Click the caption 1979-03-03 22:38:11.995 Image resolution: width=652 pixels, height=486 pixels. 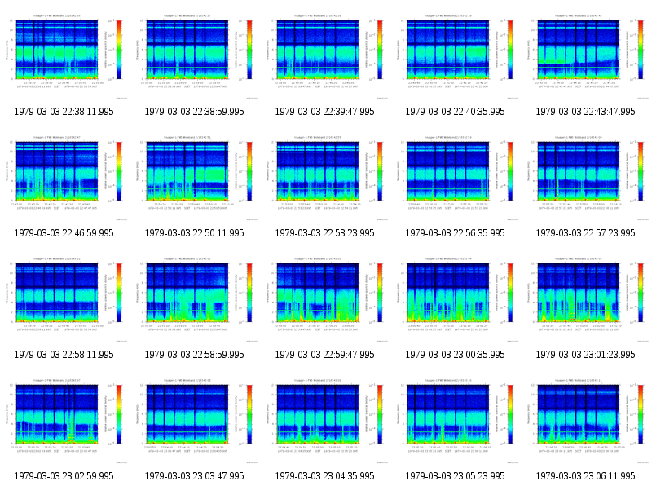pyautogui.click(x=64, y=111)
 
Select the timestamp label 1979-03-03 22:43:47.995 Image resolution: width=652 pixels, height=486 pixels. pyautogui.click(x=586, y=111)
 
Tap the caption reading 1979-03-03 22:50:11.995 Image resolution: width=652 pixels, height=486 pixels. pyautogui.click(x=195, y=232)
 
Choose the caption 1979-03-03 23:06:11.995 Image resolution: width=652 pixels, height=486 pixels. pyautogui.click(x=586, y=475)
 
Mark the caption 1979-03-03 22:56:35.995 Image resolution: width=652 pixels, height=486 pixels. pyautogui.click(x=456, y=232)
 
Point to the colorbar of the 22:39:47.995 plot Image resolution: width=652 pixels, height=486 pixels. pyautogui.click(x=379, y=49)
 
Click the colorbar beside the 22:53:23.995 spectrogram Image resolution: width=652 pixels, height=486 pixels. pyautogui.click(x=379, y=170)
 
